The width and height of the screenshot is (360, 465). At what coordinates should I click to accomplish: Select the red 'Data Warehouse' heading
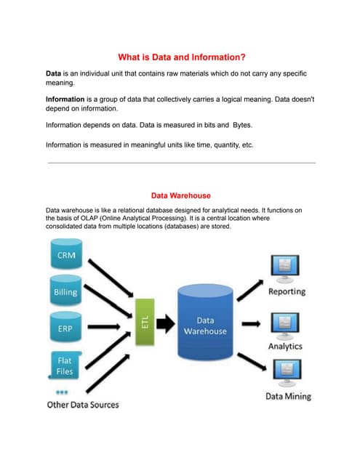(180, 195)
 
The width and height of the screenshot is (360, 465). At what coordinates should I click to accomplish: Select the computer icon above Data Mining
(286, 373)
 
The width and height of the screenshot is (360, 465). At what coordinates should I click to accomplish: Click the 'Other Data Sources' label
(82, 404)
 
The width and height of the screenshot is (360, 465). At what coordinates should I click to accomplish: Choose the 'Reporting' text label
(287, 291)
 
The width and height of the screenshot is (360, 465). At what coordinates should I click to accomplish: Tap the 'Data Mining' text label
(288, 396)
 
